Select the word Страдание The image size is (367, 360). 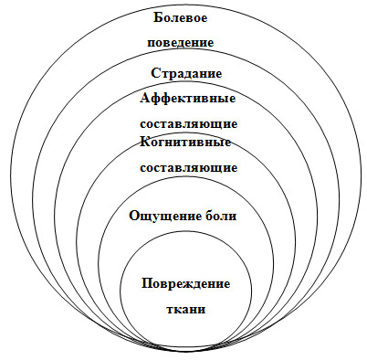point(186,74)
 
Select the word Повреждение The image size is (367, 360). point(186,283)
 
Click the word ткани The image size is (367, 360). point(186,308)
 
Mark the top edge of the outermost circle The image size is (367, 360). point(186,2)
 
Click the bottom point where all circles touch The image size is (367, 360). point(186,355)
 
